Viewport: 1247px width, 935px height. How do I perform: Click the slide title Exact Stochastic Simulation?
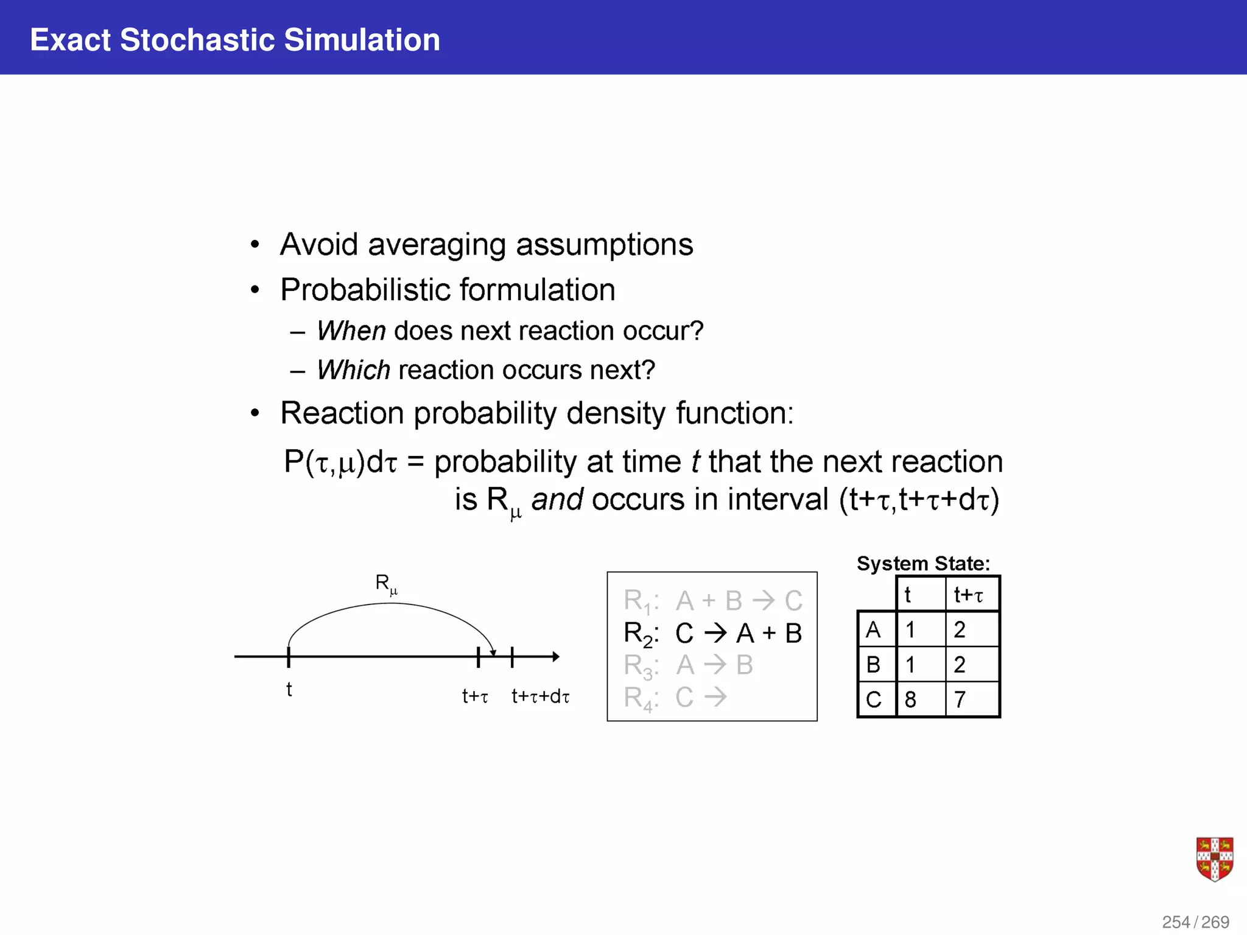[x=234, y=40]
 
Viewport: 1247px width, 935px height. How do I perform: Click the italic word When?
[x=351, y=331]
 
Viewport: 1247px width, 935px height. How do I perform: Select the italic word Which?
[x=353, y=370]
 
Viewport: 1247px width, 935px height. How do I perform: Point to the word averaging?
[x=437, y=245]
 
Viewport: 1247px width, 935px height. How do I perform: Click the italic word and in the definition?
[x=557, y=500]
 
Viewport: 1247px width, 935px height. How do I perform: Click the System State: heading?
[x=923, y=563]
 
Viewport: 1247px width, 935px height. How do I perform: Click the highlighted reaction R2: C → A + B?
[x=712, y=634]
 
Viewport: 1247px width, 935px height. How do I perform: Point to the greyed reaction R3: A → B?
[x=688, y=665]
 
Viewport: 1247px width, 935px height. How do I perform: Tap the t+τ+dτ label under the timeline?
[x=540, y=696]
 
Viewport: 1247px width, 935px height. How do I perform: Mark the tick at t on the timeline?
[x=289, y=657]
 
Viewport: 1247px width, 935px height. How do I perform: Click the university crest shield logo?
[x=1214, y=859]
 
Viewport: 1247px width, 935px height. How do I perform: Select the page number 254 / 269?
[x=1195, y=922]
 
